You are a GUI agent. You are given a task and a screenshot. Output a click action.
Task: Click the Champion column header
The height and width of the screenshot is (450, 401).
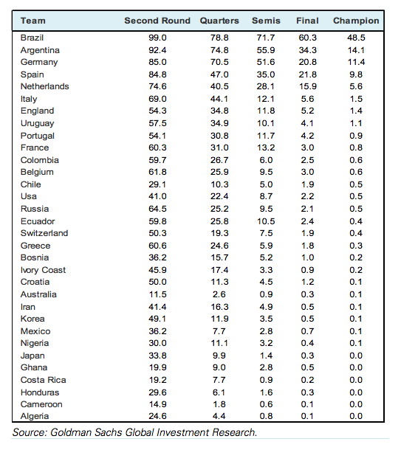(356, 21)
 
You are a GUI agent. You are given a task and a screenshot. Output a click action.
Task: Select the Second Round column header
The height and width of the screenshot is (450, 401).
(157, 21)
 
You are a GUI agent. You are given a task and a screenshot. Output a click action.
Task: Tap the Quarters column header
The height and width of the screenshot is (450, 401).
(219, 21)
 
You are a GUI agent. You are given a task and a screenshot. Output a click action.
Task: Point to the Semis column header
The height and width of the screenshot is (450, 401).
(266, 21)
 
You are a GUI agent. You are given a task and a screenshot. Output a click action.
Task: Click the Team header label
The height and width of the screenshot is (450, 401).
(33, 21)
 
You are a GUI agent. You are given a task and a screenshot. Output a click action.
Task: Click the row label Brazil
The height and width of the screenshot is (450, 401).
(32, 38)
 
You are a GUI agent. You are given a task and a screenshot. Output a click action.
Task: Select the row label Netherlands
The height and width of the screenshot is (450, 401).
(45, 86)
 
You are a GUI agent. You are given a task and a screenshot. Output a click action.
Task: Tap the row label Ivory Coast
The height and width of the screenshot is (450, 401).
(43, 270)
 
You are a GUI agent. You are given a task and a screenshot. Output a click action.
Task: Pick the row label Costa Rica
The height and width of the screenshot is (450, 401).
(44, 380)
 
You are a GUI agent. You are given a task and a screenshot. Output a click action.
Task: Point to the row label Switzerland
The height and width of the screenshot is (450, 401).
(44, 233)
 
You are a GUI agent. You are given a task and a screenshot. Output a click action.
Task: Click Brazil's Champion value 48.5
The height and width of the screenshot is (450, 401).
(356, 38)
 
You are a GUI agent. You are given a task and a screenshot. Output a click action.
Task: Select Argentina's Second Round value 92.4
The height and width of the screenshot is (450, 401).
(157, 50)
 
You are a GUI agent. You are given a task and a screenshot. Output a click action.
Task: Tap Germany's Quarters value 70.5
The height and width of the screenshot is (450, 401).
(219, 62)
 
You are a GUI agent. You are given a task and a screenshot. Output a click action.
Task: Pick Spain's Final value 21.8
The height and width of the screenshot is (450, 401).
(308, 75)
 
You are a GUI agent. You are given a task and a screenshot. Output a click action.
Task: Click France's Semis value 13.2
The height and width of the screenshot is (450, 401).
(266, 148)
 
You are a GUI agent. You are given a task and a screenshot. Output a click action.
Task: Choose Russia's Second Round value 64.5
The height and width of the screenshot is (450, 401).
(157, 209)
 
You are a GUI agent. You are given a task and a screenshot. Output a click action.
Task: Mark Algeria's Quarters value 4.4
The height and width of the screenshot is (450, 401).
(219, 416)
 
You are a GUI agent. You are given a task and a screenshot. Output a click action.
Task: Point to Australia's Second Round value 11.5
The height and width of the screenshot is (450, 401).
(157, 294)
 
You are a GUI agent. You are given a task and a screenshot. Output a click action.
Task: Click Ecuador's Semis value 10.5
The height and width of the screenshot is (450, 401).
(266, 221)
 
